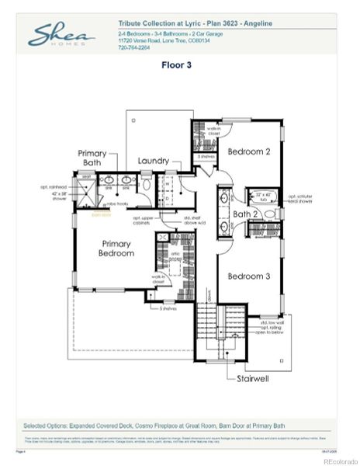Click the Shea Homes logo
coord(62,34)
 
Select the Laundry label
coord(154,161)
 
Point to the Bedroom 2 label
coord(248,152)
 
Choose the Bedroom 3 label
coord(248,276)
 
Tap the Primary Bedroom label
coord(117,249)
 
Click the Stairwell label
coord(253,379)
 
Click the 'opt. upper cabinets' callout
coord(146,221)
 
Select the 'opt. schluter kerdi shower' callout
coord(299,200)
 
